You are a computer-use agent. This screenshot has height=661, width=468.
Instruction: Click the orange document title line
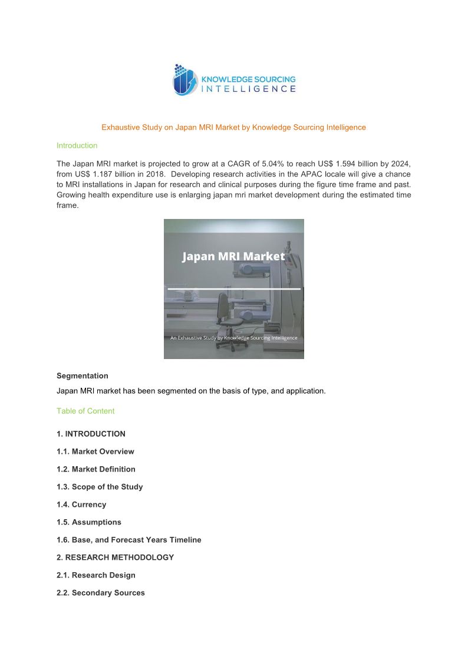pos(233,127)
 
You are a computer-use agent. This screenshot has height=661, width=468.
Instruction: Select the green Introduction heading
pos(77,145)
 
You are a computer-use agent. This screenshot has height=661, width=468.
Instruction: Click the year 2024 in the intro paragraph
pos(401,163)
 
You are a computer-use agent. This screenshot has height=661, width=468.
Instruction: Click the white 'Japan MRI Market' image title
pos(233,257)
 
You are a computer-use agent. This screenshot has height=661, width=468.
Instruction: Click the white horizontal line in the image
pos(233,289)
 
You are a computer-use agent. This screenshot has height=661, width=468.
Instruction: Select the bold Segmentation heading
pos(83,376)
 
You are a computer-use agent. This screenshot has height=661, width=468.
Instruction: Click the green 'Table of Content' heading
pos(85,411)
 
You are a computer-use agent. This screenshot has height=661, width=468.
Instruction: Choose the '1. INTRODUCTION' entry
pos(91,434)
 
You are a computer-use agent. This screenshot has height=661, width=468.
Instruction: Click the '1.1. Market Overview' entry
pos(95,451)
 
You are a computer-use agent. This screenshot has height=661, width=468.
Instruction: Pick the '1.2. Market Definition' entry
pos(96,469)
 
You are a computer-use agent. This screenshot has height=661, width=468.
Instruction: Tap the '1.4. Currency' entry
pos(81,504)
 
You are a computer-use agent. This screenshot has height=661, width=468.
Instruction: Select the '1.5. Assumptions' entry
pos(89,522)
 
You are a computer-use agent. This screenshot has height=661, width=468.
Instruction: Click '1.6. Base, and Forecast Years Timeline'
pos(129,540)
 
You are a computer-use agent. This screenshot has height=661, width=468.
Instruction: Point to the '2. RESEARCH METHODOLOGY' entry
pos(116,557)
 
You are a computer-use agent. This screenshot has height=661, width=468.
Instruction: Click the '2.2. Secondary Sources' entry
pos(101,593)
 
